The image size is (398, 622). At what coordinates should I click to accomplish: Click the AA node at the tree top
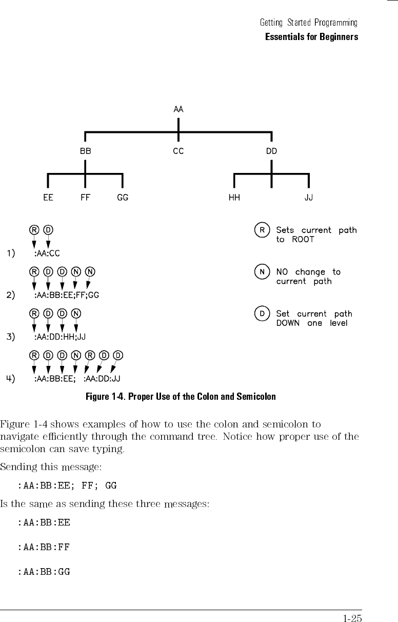pos(178,109)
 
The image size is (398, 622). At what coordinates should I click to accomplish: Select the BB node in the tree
pos(85,151)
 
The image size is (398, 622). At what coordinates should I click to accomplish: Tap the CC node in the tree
pos(178,151)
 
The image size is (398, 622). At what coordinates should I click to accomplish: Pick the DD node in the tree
pos(271,151)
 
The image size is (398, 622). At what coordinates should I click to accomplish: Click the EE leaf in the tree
pos(48,198)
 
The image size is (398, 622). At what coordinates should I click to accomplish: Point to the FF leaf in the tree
pos(85,198)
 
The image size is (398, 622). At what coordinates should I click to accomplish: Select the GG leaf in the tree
pos(123,198)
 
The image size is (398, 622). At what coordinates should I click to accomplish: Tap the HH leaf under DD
pos(234,198)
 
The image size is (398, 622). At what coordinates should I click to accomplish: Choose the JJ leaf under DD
pos(309,198)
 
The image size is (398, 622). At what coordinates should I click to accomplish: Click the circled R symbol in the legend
pos(262,230)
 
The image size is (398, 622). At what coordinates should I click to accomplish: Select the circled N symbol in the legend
pos(262,272)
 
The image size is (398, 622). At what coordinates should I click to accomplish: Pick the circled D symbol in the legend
pos(262,314)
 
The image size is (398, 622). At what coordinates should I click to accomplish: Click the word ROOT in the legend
pos(303,239)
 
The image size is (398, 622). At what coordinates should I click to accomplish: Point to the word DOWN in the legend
pos(288,323)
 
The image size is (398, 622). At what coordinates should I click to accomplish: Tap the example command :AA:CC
pos(47,253)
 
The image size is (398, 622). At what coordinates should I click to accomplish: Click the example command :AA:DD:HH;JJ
pos(59,337)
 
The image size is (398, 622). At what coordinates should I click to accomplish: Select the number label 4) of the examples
pos(11,379)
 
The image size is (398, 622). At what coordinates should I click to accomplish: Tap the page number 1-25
pos(352,618)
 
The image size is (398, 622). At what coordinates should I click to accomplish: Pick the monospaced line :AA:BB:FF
pos(44,547)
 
